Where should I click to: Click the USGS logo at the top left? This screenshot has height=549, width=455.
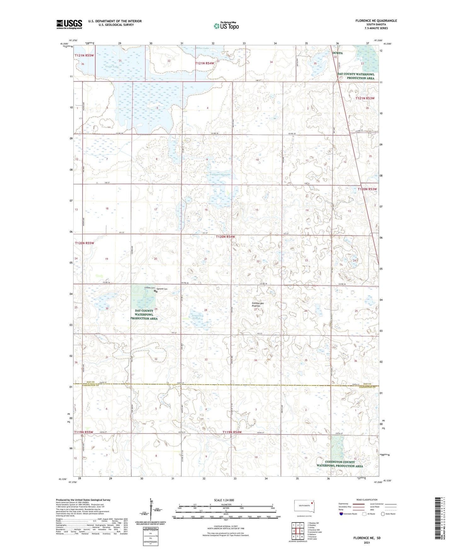click(x=69, y=24)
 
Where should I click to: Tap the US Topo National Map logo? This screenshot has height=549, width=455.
click(x=226, y=26)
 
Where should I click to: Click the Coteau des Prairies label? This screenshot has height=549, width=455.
click(x=258, y=305)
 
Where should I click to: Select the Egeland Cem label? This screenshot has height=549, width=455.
click(x=162, y=289)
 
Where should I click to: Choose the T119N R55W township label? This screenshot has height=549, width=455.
click(x=84, y=432)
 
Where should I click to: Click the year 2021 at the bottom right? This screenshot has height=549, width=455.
click(x=367, y=543)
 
